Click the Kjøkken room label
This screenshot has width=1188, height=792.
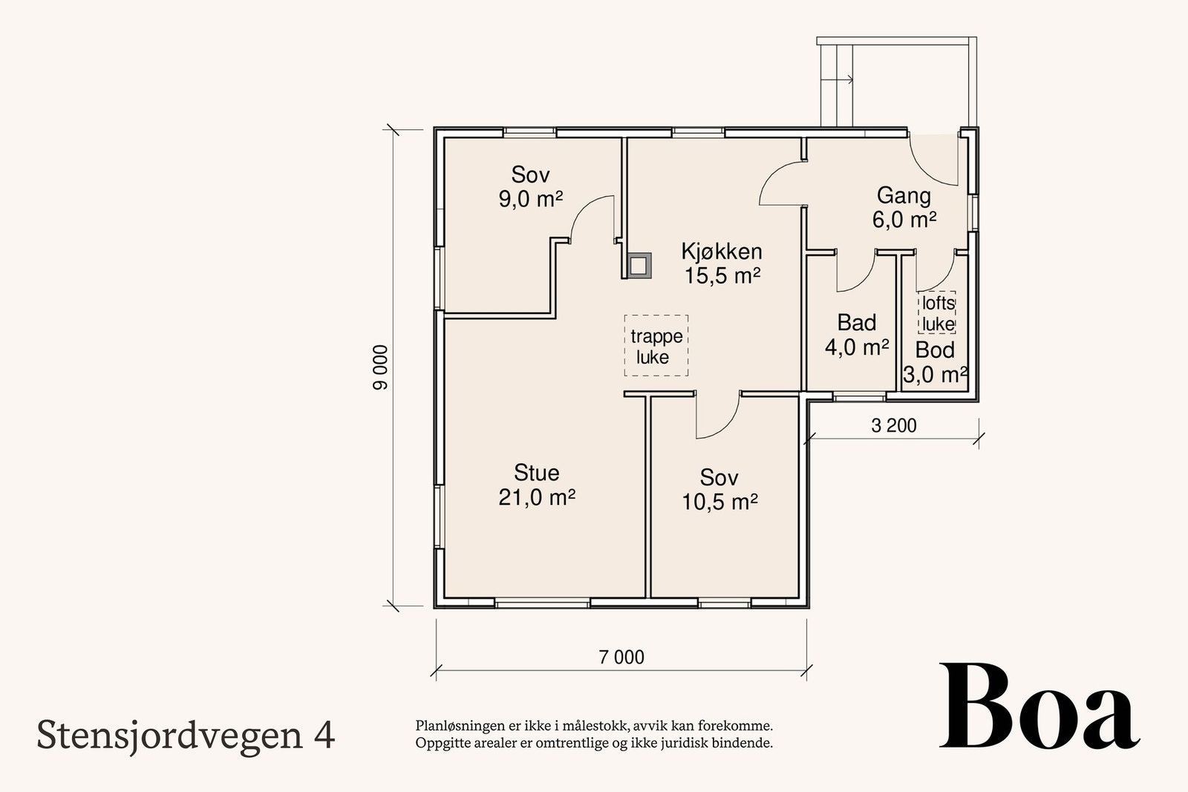[x=722, y=252]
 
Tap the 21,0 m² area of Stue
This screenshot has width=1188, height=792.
[x=537, y=497]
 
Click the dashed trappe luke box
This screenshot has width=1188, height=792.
[x=656, y=345]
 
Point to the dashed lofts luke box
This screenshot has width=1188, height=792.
[x=937, y=312]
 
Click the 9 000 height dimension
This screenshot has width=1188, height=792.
[x=380, y=367]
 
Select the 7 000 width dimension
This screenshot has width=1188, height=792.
[x=621, y=657]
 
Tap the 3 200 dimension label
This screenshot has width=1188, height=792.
[x=893, y=425]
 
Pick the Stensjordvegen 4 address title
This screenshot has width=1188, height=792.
[x=186, y=735]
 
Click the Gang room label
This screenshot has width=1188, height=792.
[x=904, y=196]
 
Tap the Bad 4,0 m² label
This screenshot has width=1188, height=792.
[x=857, y=335]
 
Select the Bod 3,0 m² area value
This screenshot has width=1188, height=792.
[x=935, y=375]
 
